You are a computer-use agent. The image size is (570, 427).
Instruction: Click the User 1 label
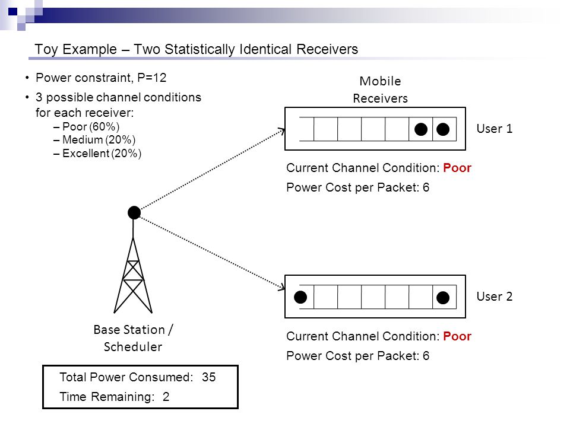[495, 129]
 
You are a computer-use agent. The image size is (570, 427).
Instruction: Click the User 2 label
[495, 297]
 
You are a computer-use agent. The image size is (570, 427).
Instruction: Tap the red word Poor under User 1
[457, 168]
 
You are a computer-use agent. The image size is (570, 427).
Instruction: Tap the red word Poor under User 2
[457, 336]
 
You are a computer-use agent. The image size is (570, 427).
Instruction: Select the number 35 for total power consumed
[208, 377]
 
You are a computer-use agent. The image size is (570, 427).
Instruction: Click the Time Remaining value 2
[166, 397]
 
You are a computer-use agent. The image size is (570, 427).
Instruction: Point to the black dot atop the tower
[134, 212]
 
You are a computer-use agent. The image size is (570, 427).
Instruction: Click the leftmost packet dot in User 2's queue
[300, 297]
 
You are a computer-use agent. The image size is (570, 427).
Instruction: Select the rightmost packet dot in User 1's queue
[443, 129]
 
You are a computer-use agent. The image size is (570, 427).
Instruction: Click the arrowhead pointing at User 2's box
[282, 288]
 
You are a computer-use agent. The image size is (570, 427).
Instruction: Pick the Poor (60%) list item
[87, 127]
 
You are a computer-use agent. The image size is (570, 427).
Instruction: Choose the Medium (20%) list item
[94, 140]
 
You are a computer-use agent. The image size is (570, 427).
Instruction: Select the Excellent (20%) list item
[97, 154]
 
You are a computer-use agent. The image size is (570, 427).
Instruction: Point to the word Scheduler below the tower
[133, 347]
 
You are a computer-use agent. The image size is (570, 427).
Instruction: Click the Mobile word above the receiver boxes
[380, 81]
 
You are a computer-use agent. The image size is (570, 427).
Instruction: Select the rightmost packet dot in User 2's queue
[443, 298]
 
